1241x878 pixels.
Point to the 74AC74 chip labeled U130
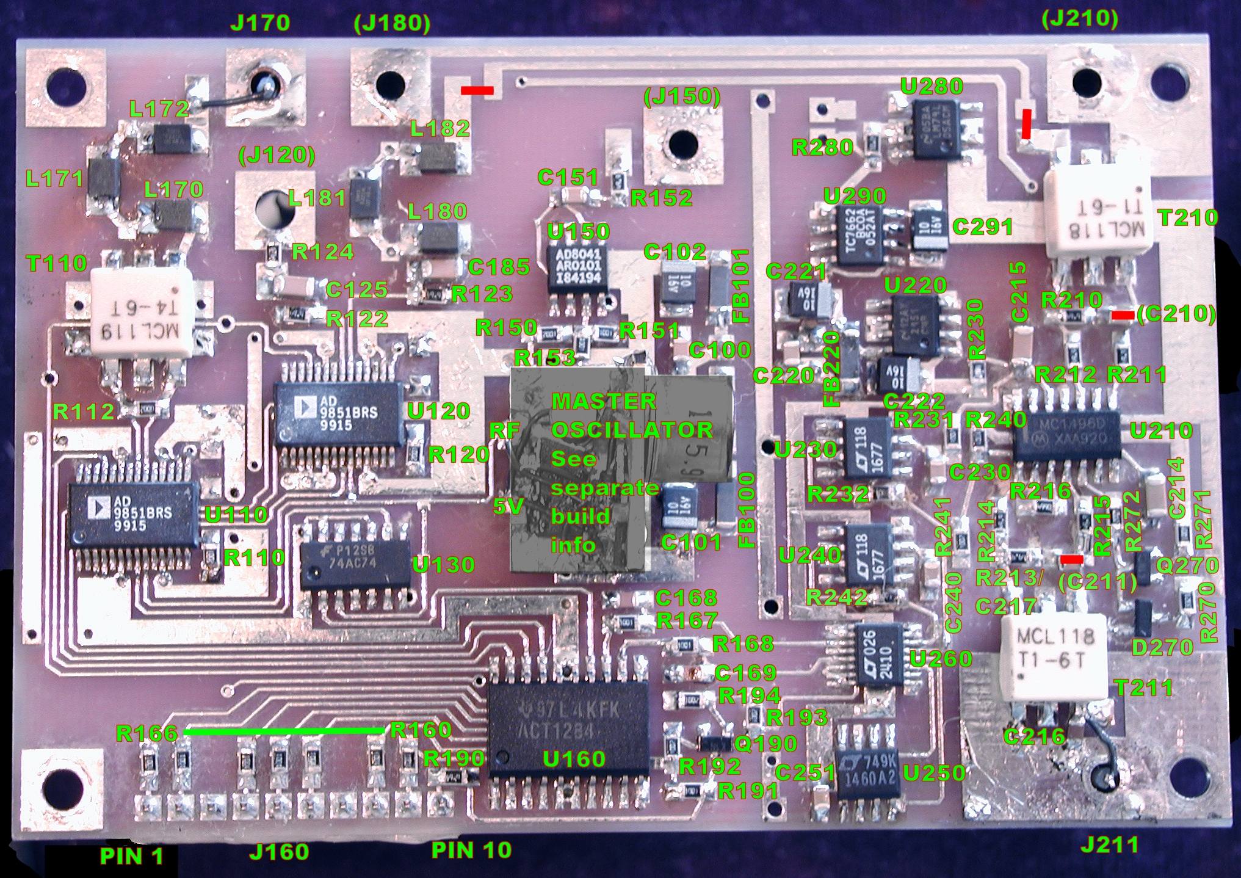(355, 556)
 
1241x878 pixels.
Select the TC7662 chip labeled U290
(860, 234)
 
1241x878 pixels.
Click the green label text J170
(259, 23)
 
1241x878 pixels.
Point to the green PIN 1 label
(131, 855)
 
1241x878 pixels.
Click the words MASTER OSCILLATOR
(631, 415)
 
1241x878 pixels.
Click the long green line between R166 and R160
(283, 730)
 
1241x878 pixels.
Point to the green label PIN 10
(471, 849)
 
